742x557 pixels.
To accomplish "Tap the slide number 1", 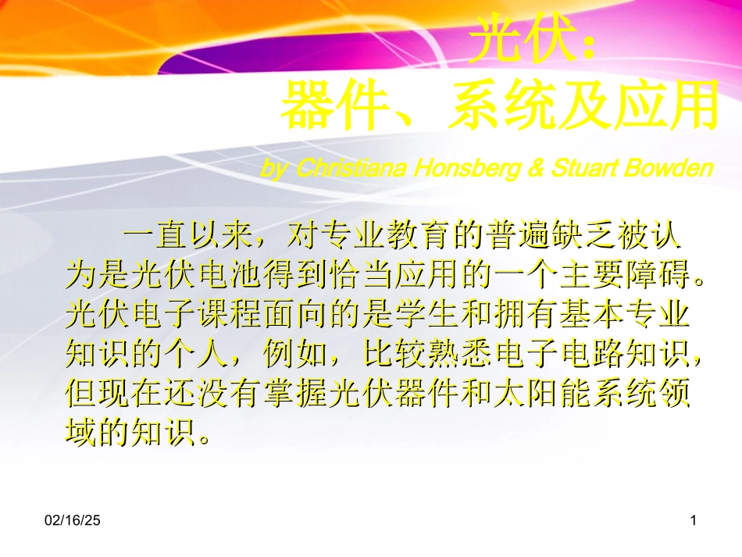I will [694, 519].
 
